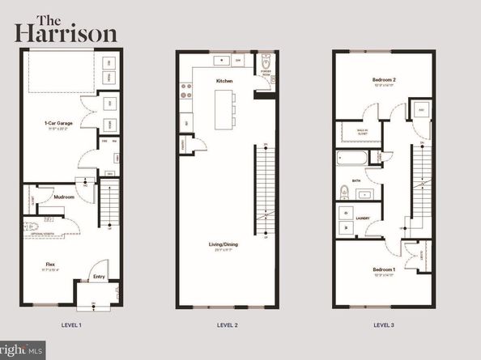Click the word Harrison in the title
pyautogui.click(x=66, y=34)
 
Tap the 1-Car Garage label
pyautogui.click(x=58, y=123)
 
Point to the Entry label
pyautogui.click(x=100, y=276)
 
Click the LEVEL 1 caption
pyautogui.click(x=70, y=324)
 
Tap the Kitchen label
pyautogui.click(x=224, y=81)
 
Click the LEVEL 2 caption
pyautogui.click(x=226, y=324)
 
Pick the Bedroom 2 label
pyautogui.click(x=383, y=80)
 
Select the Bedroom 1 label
pyautogui.click(x=382, y=268)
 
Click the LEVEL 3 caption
pyautogui.click(x=384, y=324)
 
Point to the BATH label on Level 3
pyautogui.click(x=356, y=181)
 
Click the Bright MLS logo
pyautogui.click(x=24, y=350)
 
